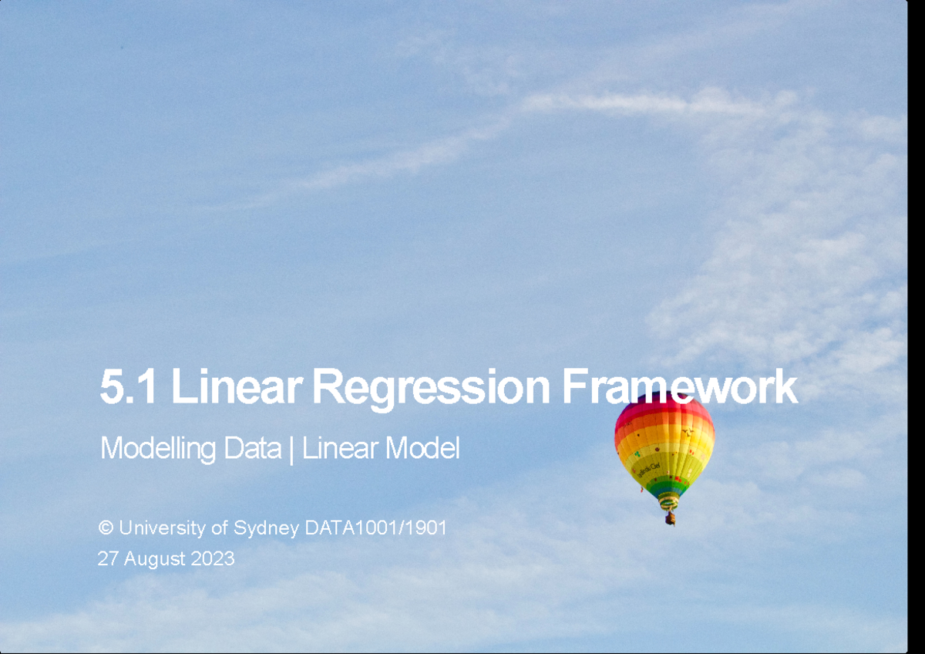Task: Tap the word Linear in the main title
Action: click(x=234, y=387)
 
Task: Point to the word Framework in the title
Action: click(x=678, y=387)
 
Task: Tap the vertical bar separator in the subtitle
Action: click(x=291, y=449)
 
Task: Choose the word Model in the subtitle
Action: click(x=422, y=448)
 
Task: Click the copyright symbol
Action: click(x=106, y=528)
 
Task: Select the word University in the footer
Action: click(x=162, y=528)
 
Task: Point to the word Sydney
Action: click(x=266, y=529)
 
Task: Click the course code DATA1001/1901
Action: click(x=375, y=528)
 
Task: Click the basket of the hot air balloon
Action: click(x=670, y=518)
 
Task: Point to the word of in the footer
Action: click(x=219, y=528)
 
